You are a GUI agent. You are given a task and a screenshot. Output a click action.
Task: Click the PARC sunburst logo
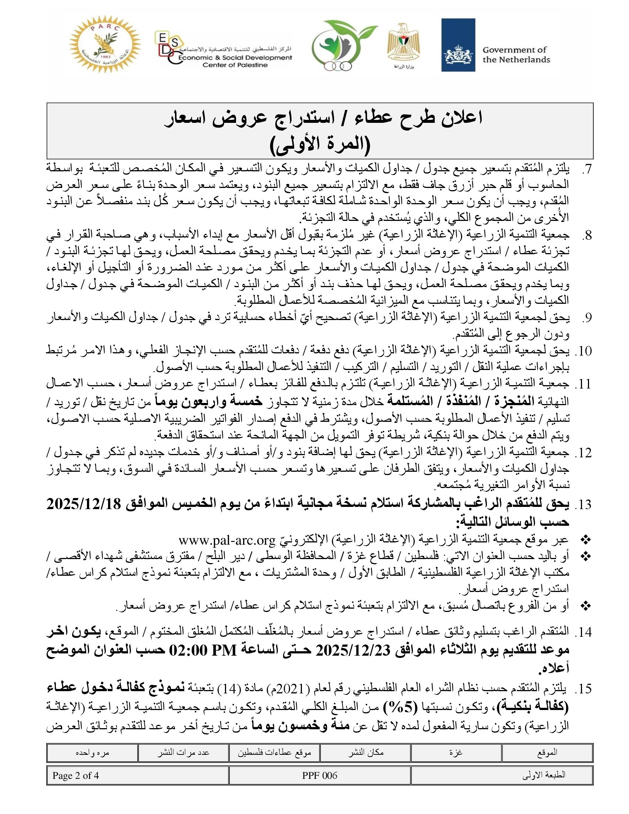(105, 45)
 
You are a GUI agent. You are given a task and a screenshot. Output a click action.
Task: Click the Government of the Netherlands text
(516, 55)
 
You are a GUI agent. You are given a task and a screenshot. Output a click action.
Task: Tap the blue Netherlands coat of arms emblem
(458, 45)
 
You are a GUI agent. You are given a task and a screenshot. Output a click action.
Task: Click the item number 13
(583, 505)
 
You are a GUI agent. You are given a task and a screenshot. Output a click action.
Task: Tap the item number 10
(583, 351)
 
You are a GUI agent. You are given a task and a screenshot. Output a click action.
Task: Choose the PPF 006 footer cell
(320, 776)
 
